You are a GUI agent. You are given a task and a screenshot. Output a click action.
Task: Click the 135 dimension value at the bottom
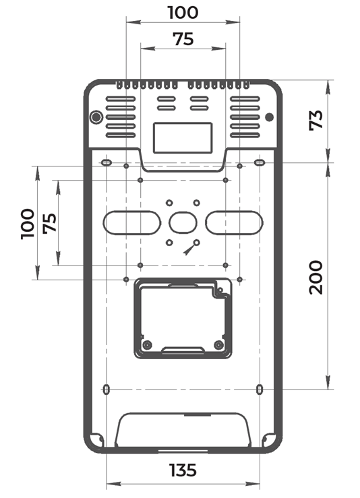183,470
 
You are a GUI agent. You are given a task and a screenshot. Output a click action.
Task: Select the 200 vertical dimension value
316,277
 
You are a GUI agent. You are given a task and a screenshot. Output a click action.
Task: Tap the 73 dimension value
316,120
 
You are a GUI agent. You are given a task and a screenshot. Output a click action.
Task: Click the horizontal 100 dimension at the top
183,13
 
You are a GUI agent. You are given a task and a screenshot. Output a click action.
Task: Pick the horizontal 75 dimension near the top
183,39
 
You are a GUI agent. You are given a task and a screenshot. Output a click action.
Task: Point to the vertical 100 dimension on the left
28,224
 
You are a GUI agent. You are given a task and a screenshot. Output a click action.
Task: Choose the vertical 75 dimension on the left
50,223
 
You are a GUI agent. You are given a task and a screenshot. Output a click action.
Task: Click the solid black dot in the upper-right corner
269,117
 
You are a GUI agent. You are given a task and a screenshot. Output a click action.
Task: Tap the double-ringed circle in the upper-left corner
96,117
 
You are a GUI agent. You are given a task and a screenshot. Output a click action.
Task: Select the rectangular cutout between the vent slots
183,138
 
